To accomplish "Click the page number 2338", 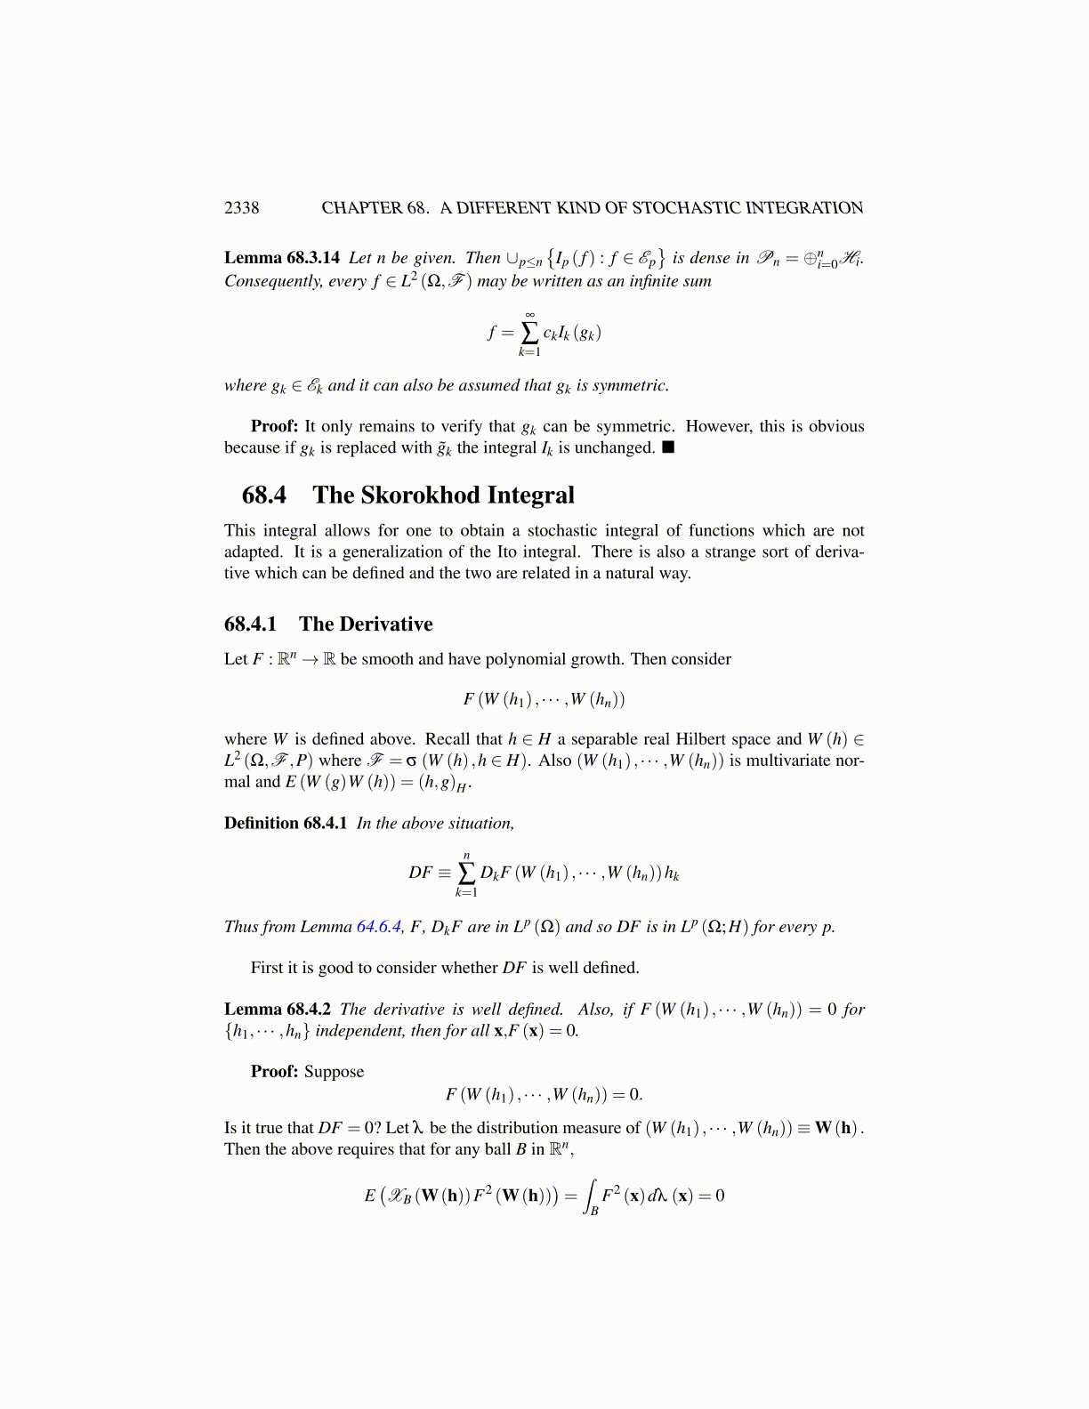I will coord(241,208).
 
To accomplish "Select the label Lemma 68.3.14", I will coord(281,258).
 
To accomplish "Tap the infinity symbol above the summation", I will coord(529,314).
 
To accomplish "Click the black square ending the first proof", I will coord(668,447).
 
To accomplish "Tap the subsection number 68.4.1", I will coord(250,624).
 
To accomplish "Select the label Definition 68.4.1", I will coord(285,823).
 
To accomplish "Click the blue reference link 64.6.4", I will coord(379,927).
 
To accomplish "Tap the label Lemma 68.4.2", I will coord(277,1010).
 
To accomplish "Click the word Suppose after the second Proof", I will coord(334,1072).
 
